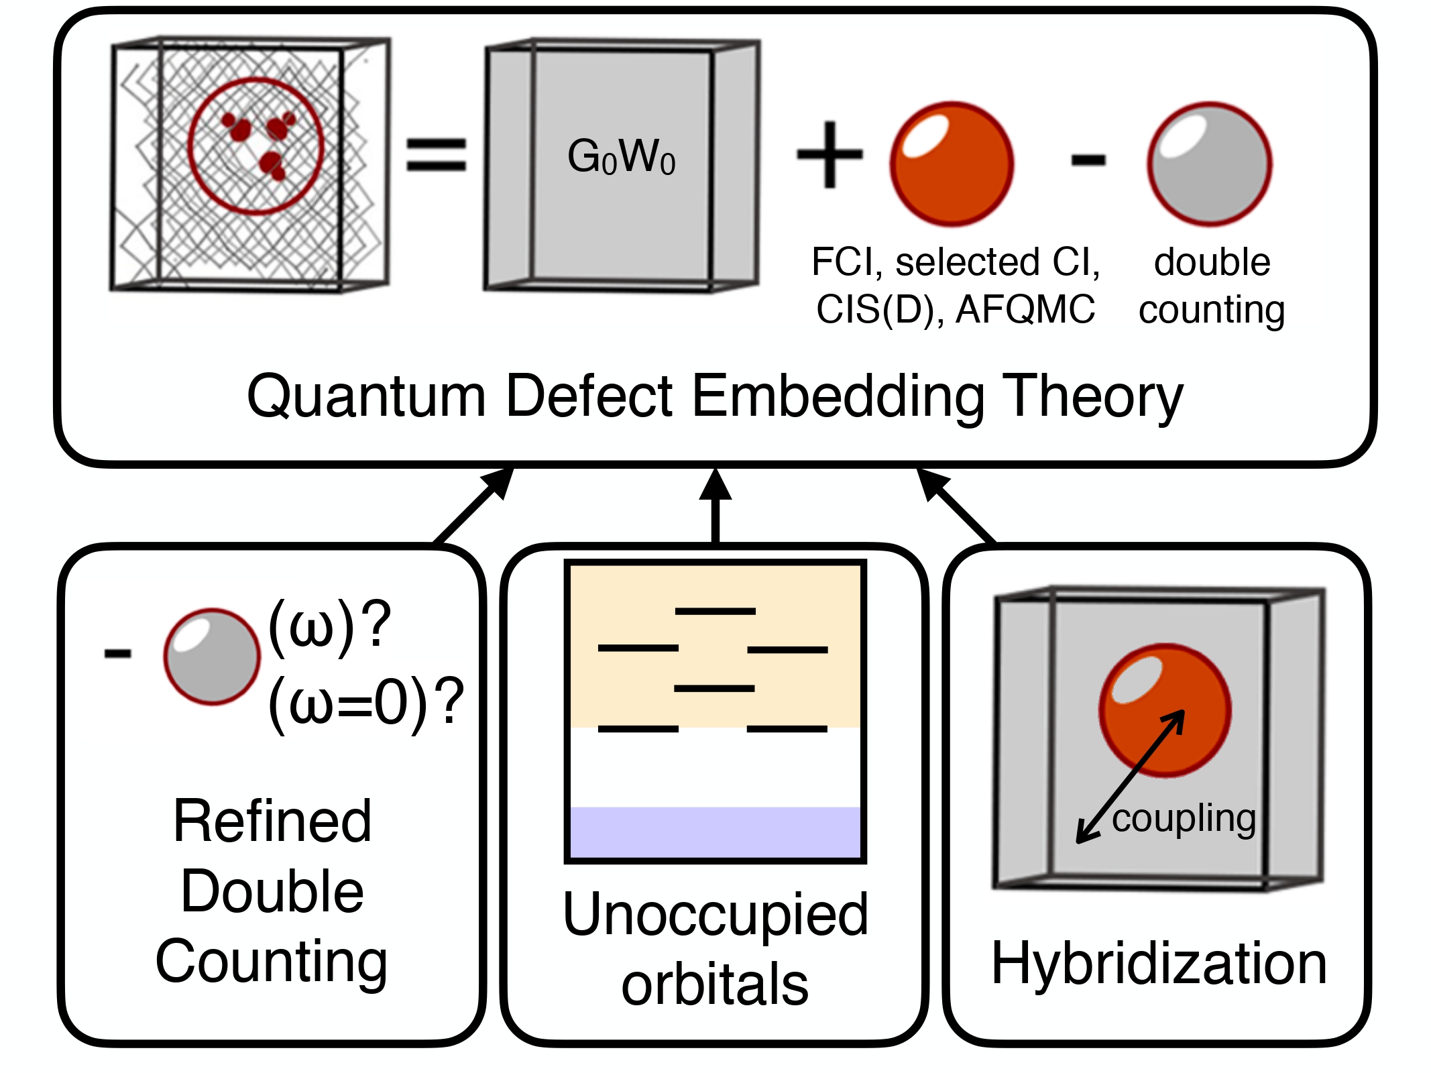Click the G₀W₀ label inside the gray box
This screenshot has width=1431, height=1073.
621,157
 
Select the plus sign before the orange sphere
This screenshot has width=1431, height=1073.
829,155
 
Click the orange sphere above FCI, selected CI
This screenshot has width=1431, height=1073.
952,164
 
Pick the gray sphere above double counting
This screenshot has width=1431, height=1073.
1210,164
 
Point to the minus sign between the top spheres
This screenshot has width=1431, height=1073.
1088,160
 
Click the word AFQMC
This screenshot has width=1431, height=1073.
1025,310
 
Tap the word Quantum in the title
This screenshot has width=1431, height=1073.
366,396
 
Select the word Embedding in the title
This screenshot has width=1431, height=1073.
838,396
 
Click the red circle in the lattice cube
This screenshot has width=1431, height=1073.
255,146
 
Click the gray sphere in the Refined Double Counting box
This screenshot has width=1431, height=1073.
212,657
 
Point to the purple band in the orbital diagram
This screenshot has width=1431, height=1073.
715,832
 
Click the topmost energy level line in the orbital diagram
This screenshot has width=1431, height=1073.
715,612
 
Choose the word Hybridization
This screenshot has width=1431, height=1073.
1159,964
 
